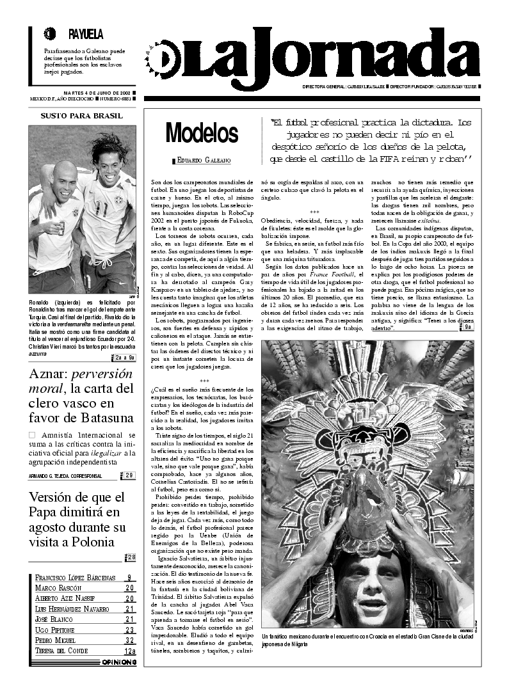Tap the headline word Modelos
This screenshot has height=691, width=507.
click(202, 133)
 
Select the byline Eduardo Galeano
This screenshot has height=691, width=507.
click(203, 161)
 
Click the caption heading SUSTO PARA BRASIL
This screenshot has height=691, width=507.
click(81, 116)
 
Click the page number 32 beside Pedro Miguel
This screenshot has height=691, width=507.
click(130, 640)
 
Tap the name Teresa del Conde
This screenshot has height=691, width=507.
click(61, 651)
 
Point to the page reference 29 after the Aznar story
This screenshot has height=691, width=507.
click(129, 475)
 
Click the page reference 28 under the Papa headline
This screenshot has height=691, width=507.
click(131, 557)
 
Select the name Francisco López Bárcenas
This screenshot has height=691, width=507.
click(75, 577)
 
